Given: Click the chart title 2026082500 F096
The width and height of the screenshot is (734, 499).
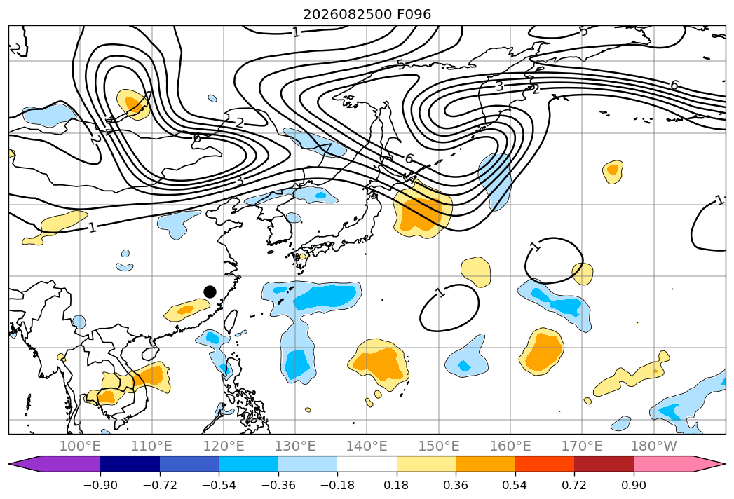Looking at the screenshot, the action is point(367,14).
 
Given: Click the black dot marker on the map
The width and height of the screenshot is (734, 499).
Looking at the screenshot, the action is point(210,292).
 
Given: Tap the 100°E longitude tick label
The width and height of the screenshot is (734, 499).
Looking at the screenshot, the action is point(80,446).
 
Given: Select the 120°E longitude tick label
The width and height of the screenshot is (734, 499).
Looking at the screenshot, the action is point(224,446).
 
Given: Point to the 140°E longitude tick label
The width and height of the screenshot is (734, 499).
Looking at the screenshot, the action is point(367,446).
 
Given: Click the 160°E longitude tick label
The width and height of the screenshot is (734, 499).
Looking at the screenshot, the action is point(510,446).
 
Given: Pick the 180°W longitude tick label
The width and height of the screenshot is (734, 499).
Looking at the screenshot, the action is point(654,446).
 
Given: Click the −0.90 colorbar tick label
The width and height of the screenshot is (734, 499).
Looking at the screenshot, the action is point(100,486).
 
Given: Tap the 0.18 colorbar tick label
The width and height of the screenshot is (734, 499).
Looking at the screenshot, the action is point(397,486).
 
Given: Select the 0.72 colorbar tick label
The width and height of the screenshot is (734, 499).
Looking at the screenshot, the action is point(574,486).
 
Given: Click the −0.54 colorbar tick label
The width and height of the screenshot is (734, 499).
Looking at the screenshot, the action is point(219,486).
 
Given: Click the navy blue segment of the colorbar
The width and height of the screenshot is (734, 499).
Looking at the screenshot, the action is point(130,464).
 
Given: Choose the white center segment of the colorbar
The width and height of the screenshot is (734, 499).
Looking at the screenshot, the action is point(367,464).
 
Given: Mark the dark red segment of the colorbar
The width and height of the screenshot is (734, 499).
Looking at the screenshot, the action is point(604,464).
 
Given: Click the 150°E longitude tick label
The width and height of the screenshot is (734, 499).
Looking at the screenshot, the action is point(439,446).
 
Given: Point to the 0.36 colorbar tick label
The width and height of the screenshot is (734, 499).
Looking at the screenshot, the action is point(456,486).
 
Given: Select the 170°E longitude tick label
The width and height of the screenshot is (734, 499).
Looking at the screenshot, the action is point(582,446).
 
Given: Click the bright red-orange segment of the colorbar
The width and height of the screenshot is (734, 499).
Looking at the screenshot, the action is point(545,464).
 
